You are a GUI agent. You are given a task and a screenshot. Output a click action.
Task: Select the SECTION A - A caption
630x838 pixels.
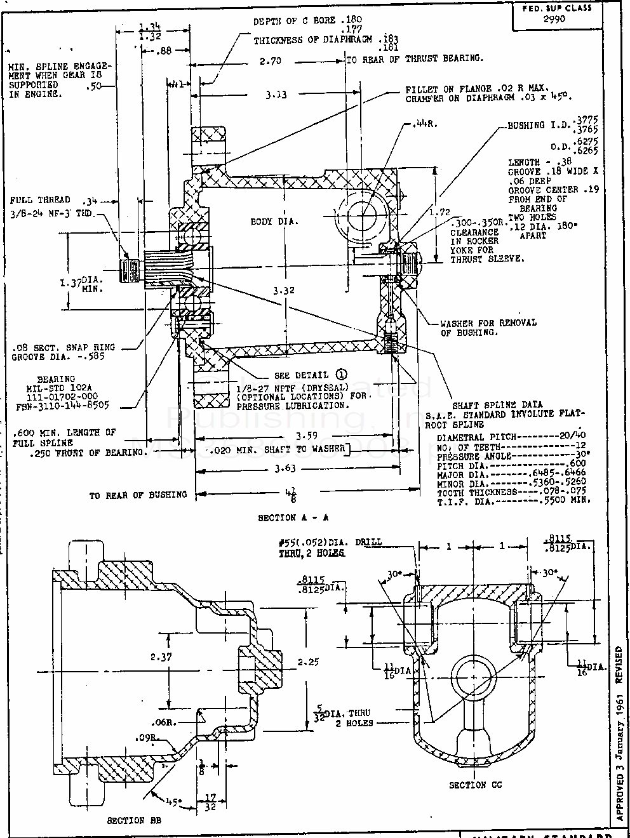pyautogui.click(x=293, y=517)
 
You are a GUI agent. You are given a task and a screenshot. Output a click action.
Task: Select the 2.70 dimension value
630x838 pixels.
pyautogui.click(x=270, y=62)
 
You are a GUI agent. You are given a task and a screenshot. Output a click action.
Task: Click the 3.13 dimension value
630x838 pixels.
pyautogui.click(x=276, y=95)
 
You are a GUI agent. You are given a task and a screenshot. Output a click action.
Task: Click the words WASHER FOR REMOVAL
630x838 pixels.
pyautogui.click(x=488, y=323)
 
